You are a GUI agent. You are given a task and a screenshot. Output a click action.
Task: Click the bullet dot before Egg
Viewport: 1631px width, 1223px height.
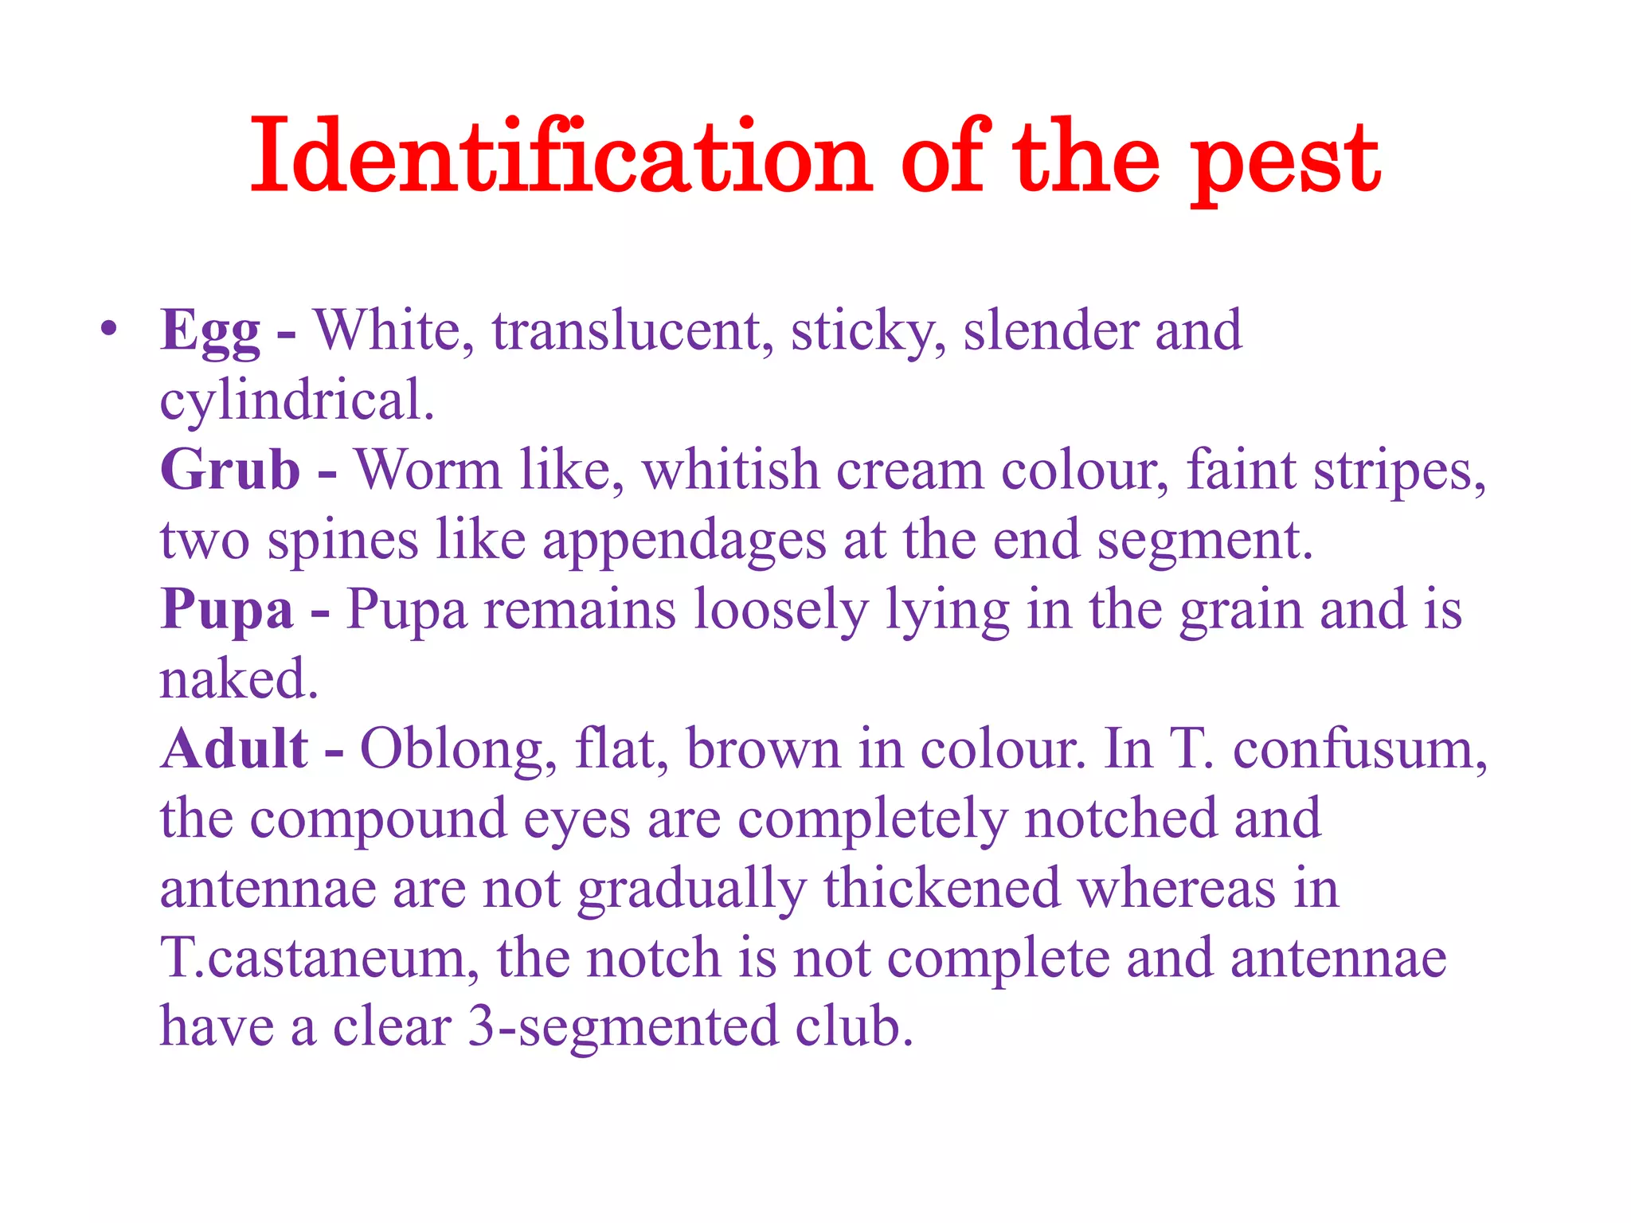[x=109, y=329]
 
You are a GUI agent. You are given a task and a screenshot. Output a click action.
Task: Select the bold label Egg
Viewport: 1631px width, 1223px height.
[x=209, y=330]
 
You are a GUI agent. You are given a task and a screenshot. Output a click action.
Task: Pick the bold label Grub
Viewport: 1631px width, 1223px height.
[x=230, y=470]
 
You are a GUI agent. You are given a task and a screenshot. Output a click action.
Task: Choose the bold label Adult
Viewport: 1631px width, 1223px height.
[x=234, y=749]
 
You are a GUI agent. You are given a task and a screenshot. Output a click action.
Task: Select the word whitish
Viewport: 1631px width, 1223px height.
[x=730, y=470]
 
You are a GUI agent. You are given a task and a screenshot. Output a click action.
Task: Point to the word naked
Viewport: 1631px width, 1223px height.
[x=238, y=679]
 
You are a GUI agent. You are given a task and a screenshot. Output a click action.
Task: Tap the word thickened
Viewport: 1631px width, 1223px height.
[x=941, y=889]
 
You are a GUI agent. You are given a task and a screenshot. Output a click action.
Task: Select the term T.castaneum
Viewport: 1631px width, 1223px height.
[x=319, y=958]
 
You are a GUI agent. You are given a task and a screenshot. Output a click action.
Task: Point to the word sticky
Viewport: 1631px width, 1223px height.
[x=868, y=330]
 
